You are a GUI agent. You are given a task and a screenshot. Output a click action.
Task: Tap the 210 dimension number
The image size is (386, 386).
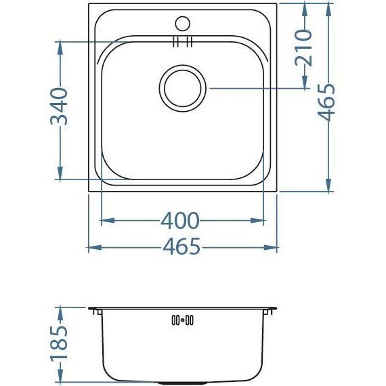click(304, 47)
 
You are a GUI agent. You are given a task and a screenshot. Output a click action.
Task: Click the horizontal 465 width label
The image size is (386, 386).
click(181, 248)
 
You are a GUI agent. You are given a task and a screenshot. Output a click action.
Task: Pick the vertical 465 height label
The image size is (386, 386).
click(327, 102)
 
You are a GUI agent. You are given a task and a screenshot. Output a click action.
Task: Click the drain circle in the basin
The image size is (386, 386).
click(182, 89)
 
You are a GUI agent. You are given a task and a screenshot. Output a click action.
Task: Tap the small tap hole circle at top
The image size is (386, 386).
click(182, 22)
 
